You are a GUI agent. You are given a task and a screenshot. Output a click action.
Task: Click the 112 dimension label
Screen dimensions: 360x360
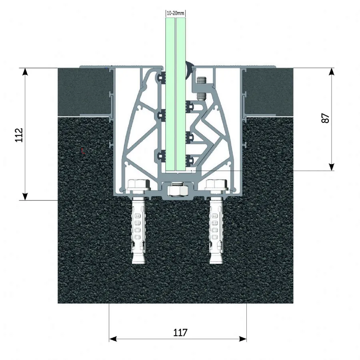click(x=19, y=135)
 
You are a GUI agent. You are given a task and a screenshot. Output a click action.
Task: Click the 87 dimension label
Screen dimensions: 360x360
click(x=326, y=118)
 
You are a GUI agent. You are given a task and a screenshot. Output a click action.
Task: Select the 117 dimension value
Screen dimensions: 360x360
click(x=180, y=332)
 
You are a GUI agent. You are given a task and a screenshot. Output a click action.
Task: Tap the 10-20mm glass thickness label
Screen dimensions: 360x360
click(x=176, y=13)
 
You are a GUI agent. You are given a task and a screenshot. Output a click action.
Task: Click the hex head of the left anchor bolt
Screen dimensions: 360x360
click(x=138, y=184)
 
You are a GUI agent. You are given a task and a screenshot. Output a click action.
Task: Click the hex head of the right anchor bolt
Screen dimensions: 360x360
click(x=217, y=184)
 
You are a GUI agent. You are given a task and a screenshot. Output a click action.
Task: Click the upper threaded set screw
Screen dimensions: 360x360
click(x=201, y=80)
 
